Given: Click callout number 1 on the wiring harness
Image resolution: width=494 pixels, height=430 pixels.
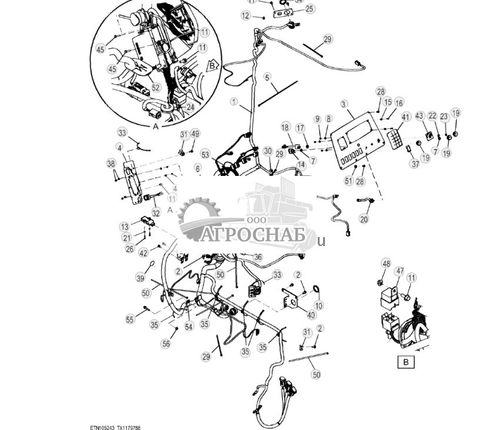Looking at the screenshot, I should [234, 102].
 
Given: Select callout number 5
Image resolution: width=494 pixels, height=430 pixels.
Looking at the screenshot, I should [267, 77].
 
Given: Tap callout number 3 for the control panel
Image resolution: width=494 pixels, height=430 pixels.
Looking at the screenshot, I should [344, 104].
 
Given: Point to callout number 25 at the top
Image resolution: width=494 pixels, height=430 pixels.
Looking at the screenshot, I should [309, 9].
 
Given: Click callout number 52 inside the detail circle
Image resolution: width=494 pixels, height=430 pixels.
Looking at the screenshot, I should [156, 88].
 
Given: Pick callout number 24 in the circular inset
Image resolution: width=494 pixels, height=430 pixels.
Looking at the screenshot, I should [190, 108].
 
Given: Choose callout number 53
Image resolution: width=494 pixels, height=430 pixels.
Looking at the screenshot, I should [205, 155].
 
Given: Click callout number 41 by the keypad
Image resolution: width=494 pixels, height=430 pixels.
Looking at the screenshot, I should [405, 117].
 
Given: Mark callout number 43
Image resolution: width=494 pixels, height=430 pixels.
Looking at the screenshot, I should [419, 116].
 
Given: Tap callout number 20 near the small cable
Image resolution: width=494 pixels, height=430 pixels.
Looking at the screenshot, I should [364, 219].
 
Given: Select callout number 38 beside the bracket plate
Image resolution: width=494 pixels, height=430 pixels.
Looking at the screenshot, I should [111, 164].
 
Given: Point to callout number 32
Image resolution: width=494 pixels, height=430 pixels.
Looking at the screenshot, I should [156, 213].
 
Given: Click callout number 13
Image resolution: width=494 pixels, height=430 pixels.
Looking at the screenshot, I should [125, 227].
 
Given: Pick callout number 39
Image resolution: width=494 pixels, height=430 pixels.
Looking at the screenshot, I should [140, 278].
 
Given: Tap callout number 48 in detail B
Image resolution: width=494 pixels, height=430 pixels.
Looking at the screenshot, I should [386, 264].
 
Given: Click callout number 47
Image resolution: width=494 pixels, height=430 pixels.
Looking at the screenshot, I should [399, 271].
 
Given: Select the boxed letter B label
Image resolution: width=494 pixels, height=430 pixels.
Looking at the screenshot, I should [405, 362].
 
